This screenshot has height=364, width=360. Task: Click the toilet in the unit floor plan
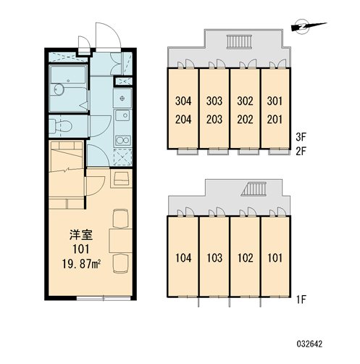(61, 125)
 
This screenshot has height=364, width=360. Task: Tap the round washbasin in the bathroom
(58, 89)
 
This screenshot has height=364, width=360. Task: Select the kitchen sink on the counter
(123, 115)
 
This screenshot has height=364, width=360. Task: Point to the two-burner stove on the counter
(123, 141)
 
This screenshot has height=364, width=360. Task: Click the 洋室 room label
(81, 235)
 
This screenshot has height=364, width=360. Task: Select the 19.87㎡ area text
(81, 263)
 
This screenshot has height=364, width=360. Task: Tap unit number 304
(183, 101)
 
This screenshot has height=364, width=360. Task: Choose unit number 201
(275, 120)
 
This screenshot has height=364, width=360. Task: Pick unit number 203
(214, 120)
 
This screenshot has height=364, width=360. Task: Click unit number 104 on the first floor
(183, 258)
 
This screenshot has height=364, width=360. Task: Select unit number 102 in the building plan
(246, 258)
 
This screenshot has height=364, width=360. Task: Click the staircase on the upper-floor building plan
(239, 41)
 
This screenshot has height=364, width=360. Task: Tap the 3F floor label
(301, 137)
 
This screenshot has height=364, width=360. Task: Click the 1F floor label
(301, 300)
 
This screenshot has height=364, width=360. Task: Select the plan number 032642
(309, 344)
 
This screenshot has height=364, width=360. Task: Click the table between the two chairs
(120, 241)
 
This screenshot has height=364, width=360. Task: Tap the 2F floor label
(301, 152)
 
